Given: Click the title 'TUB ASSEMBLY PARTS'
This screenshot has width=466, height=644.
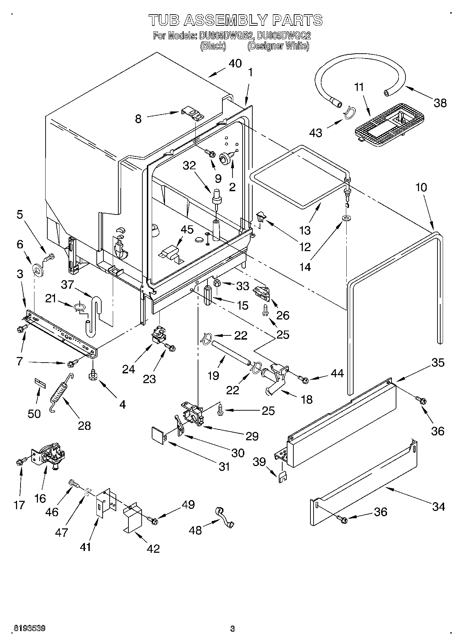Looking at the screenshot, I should coord(236,20).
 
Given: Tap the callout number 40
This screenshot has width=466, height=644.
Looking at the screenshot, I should coord(235,63).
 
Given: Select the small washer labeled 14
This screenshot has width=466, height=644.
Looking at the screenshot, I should coord(347,218).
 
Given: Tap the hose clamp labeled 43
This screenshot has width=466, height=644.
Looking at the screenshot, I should coord(349,112).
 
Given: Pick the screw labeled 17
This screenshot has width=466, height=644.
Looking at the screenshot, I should coord(19,462).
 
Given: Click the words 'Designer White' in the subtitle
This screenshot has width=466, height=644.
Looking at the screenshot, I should coord(278,46).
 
